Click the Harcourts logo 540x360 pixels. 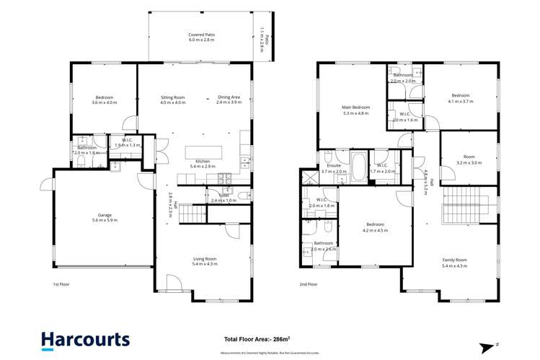pos(85,339)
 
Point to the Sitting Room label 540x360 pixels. pos(173,100)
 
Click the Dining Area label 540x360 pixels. pos(229,100)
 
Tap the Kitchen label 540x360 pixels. pos(203,163)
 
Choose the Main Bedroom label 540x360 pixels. pos(355,110)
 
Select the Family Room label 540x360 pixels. pos(455,263)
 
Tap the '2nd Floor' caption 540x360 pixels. pos(308,284)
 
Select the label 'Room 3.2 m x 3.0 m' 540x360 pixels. pos(469,160)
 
